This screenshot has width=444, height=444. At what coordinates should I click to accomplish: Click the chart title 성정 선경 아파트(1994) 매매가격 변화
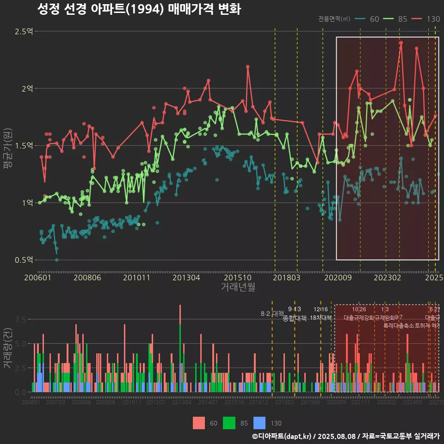(x=139, y=9)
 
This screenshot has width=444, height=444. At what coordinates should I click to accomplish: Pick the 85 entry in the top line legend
(x=397, y=19)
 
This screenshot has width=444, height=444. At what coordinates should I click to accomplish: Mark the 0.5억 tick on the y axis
(x=24, y=260)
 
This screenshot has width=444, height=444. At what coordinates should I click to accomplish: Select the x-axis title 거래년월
(x=238, y=287)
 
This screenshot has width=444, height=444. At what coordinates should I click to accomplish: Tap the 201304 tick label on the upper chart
(x=186, y=277)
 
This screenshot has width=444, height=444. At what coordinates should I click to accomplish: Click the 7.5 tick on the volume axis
(x=20, y=320)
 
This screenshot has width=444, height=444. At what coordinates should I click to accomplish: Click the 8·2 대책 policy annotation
(x=272, y=314)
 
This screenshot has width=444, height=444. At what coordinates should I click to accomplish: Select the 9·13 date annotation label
(x=294, y=309)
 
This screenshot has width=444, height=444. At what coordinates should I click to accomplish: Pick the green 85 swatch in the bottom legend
(x=229, y=423)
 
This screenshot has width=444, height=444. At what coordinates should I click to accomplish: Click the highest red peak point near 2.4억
(x=401, y=43)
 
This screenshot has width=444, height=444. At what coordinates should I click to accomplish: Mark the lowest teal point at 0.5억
(x=57, y=260)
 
